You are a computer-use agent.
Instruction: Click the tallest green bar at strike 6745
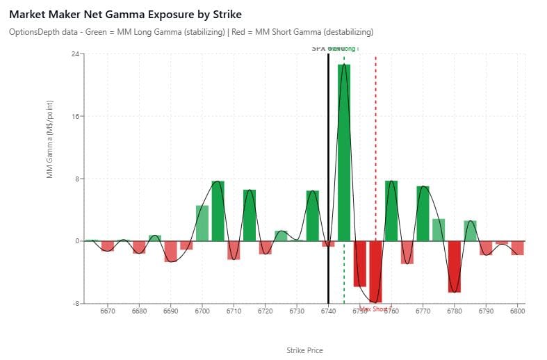click(x=344, y=152)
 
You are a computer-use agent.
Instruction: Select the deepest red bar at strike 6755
click(x=375, y=271)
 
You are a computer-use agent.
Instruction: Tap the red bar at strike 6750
click(x=359, y=263)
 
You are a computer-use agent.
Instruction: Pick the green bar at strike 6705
click(x=218, y=211)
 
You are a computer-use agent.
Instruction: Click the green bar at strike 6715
click(x=250, y=215)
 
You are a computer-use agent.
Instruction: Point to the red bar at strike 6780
click(x=455, y=266)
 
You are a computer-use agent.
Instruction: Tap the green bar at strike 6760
click(x=391, y=211)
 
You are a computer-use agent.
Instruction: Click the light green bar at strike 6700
click(x=202, y=223)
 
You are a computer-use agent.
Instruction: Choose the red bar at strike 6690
click(x=170, y=251)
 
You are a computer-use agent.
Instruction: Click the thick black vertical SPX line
click(x=328, y=174)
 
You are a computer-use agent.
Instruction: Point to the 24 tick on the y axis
click(x=74, y=54)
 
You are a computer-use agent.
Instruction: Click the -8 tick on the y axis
click(x=74, y=304)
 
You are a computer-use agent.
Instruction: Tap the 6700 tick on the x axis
click(x=202, y=313)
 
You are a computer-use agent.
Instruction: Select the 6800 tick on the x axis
click(x=517, y=313)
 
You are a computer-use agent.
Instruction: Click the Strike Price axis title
click(x=304, y=350)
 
